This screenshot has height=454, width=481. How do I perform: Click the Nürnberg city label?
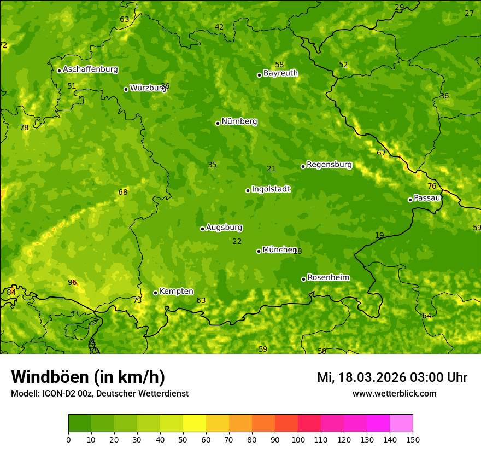tap(239, 121)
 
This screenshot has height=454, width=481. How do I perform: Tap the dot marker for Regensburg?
tap(303, 166)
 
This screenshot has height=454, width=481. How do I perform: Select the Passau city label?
tap(427, 198)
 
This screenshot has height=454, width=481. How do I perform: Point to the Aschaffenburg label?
tap(90, 69)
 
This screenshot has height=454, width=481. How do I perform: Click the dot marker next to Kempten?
tap(155, 293)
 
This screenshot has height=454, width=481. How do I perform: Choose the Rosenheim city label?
tap(328, 277)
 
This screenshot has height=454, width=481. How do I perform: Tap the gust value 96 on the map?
tap(72, 282)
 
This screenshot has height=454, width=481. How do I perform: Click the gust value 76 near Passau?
tap(432, 186)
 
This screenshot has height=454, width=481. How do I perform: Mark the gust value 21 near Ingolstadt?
tap(271, 168)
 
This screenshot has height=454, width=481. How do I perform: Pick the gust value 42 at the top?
tap(219, 27)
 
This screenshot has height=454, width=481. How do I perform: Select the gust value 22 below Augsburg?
tap(237, 241)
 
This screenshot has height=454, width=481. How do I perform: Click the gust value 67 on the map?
tap(382, 153)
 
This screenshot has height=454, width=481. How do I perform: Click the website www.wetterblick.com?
tap(394, 393)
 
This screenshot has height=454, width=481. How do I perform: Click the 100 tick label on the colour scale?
tap(298, 439)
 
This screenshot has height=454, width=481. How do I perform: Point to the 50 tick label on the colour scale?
tap(183, 439)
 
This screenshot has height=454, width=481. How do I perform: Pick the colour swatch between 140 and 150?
tap(401, 423)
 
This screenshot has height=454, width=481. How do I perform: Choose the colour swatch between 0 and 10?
tap(80, 423)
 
